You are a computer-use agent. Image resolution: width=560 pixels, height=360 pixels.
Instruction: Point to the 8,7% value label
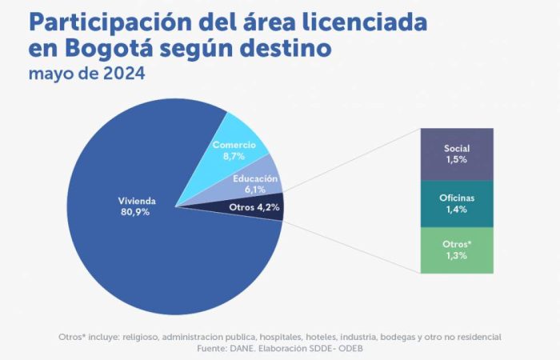[234, 156]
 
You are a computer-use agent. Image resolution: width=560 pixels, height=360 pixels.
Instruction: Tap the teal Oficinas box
[457, 205]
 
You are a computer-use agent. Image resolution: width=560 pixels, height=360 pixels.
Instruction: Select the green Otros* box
[457, 250]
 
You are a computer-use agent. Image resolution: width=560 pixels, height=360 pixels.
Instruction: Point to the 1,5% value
[457, 160]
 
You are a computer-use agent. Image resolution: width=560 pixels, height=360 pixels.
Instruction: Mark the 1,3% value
[457, 255]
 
